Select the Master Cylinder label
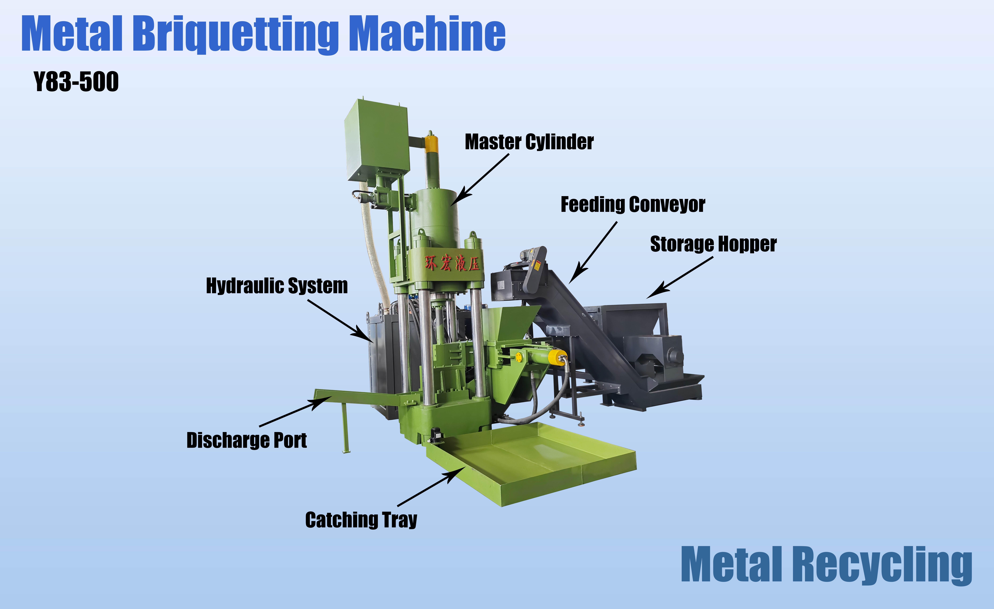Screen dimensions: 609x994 529,142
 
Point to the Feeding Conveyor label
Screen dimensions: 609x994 633,205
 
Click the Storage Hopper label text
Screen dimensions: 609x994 713,244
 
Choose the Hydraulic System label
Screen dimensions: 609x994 277,286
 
